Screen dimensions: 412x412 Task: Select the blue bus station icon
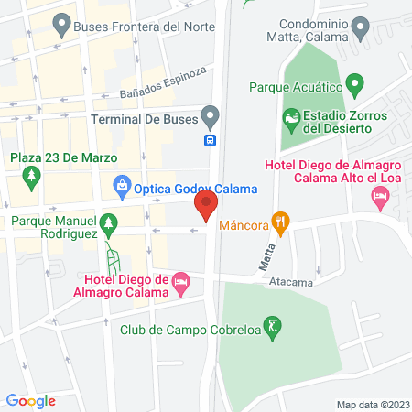point(211,140)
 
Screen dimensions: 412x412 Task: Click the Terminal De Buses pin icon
point(211,118)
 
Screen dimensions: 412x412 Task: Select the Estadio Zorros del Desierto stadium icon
point(290,116)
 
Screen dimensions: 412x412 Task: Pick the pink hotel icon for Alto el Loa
point(382,197)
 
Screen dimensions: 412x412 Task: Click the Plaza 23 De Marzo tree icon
point(33,174)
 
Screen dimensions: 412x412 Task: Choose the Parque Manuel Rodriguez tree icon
point(109,222)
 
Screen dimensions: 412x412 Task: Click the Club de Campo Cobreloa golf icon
point(272,324)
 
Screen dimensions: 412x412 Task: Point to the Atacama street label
point(290,283)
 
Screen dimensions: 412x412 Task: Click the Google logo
point(31,400)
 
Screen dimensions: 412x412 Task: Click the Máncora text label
point(244,223)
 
